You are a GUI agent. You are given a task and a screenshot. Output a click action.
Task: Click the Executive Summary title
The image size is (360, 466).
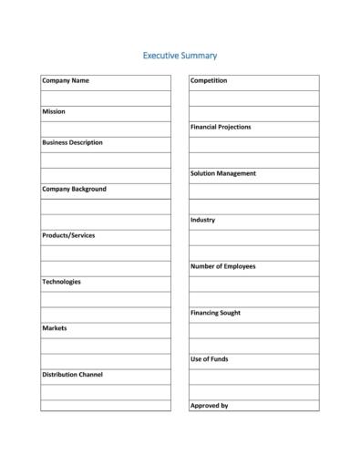[x=180, y=56]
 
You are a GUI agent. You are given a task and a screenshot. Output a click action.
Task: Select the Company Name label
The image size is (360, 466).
[x=66, y=81]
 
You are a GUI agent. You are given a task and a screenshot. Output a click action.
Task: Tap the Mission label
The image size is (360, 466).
[x=54, y=112]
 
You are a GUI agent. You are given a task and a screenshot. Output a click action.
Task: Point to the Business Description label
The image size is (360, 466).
[x=72, y=143]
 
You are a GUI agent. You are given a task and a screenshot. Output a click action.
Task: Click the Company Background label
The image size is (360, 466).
[x=74, y=190]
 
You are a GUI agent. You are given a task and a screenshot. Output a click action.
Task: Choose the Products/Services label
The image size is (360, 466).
[x=68, y=236]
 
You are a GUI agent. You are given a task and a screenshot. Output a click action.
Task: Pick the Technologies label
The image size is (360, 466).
[x=61, y=283]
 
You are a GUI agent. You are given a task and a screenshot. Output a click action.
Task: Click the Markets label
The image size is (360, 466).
[x=55, y=328]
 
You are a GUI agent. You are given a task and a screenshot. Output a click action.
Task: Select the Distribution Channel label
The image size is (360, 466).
[x=72, y=375]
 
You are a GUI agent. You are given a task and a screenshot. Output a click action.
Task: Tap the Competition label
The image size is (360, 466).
[x=209, y=81]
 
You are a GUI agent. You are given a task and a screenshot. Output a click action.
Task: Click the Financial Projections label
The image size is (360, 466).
[x=221, y=128]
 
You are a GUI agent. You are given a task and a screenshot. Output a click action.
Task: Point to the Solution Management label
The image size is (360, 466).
[x=223, y=174]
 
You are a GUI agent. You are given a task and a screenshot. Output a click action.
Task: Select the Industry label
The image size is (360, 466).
[x=202, y=221]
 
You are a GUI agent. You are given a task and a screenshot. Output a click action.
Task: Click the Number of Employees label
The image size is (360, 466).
[x=223, y=267]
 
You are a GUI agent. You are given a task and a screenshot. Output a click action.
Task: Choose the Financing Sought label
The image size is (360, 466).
[x=216, y=314]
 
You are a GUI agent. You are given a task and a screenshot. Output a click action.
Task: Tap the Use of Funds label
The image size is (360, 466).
[x=209, y=359]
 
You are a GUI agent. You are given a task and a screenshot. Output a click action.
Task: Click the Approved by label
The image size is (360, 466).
[x=209, y=406]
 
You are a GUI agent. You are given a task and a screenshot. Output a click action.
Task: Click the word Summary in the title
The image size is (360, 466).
[x=200, y=56]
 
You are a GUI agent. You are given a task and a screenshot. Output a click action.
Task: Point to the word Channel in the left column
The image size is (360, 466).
[x=89, y=375]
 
